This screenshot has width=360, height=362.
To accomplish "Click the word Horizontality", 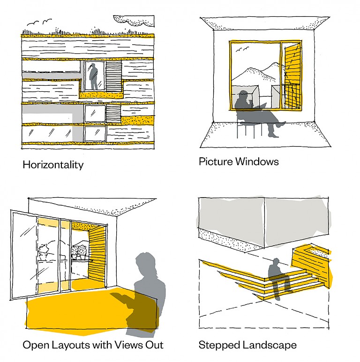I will coord(53,165).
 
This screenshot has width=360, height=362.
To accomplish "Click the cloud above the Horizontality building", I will coord(134,21).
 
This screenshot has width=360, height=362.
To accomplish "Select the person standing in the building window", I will coord(95,76).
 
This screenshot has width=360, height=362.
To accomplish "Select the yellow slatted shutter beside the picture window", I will coord(291,75).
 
